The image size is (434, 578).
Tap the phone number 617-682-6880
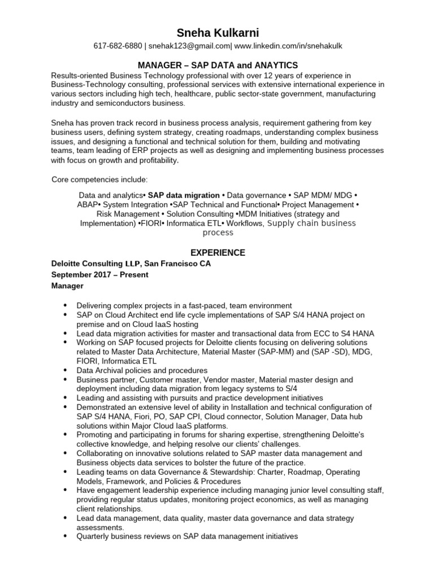[x=118, y=46]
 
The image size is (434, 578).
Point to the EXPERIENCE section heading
[x=217, y=252]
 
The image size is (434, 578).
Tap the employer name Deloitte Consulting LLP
[x=95, y=264]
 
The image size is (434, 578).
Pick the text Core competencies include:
[x=99, y=179]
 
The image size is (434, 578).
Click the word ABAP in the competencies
[x=88, y=204]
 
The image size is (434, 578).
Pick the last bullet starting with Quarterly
[x=186, y=536]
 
